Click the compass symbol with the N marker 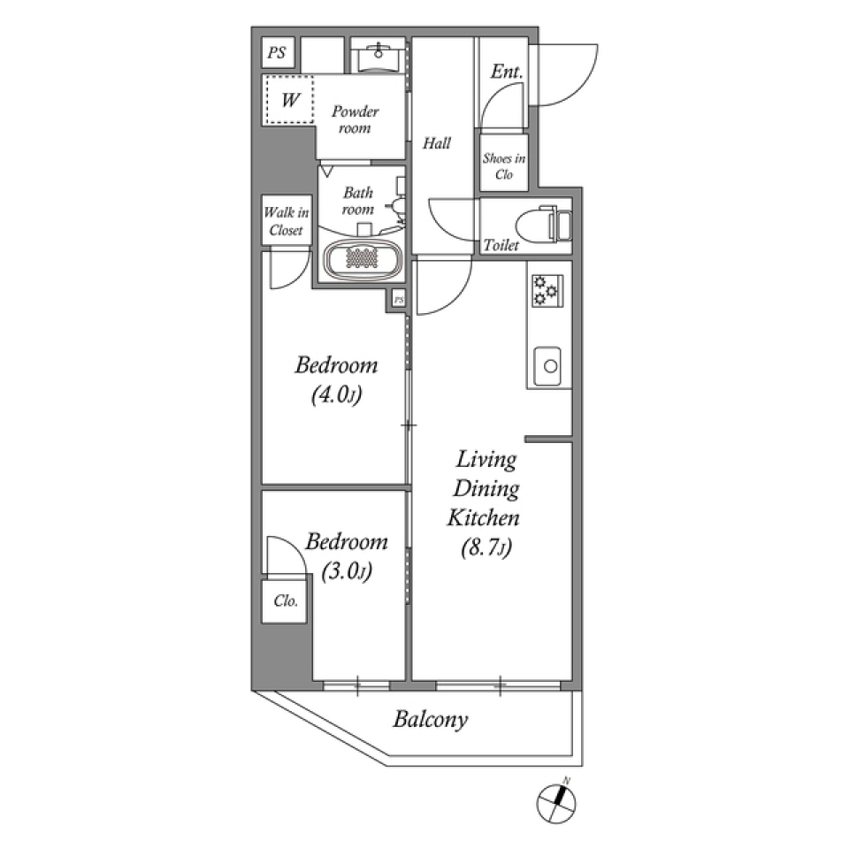tap(557, 802)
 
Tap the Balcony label tap(430, 720)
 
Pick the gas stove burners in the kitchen tap(547, 290)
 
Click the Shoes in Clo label tap(503, 167)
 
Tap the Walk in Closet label tap(285, 221)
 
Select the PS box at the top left tap(277, 53)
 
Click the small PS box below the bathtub tap(398, 301)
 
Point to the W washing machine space tap(288, 100)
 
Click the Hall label tap(437, 142)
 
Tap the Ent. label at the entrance tap(506, 73)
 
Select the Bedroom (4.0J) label tap(336, 379)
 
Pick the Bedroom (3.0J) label tap(346, 556)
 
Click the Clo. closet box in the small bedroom tap(285, 601)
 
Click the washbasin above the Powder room tap(378, 57)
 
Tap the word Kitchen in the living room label tap(483, 519)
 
